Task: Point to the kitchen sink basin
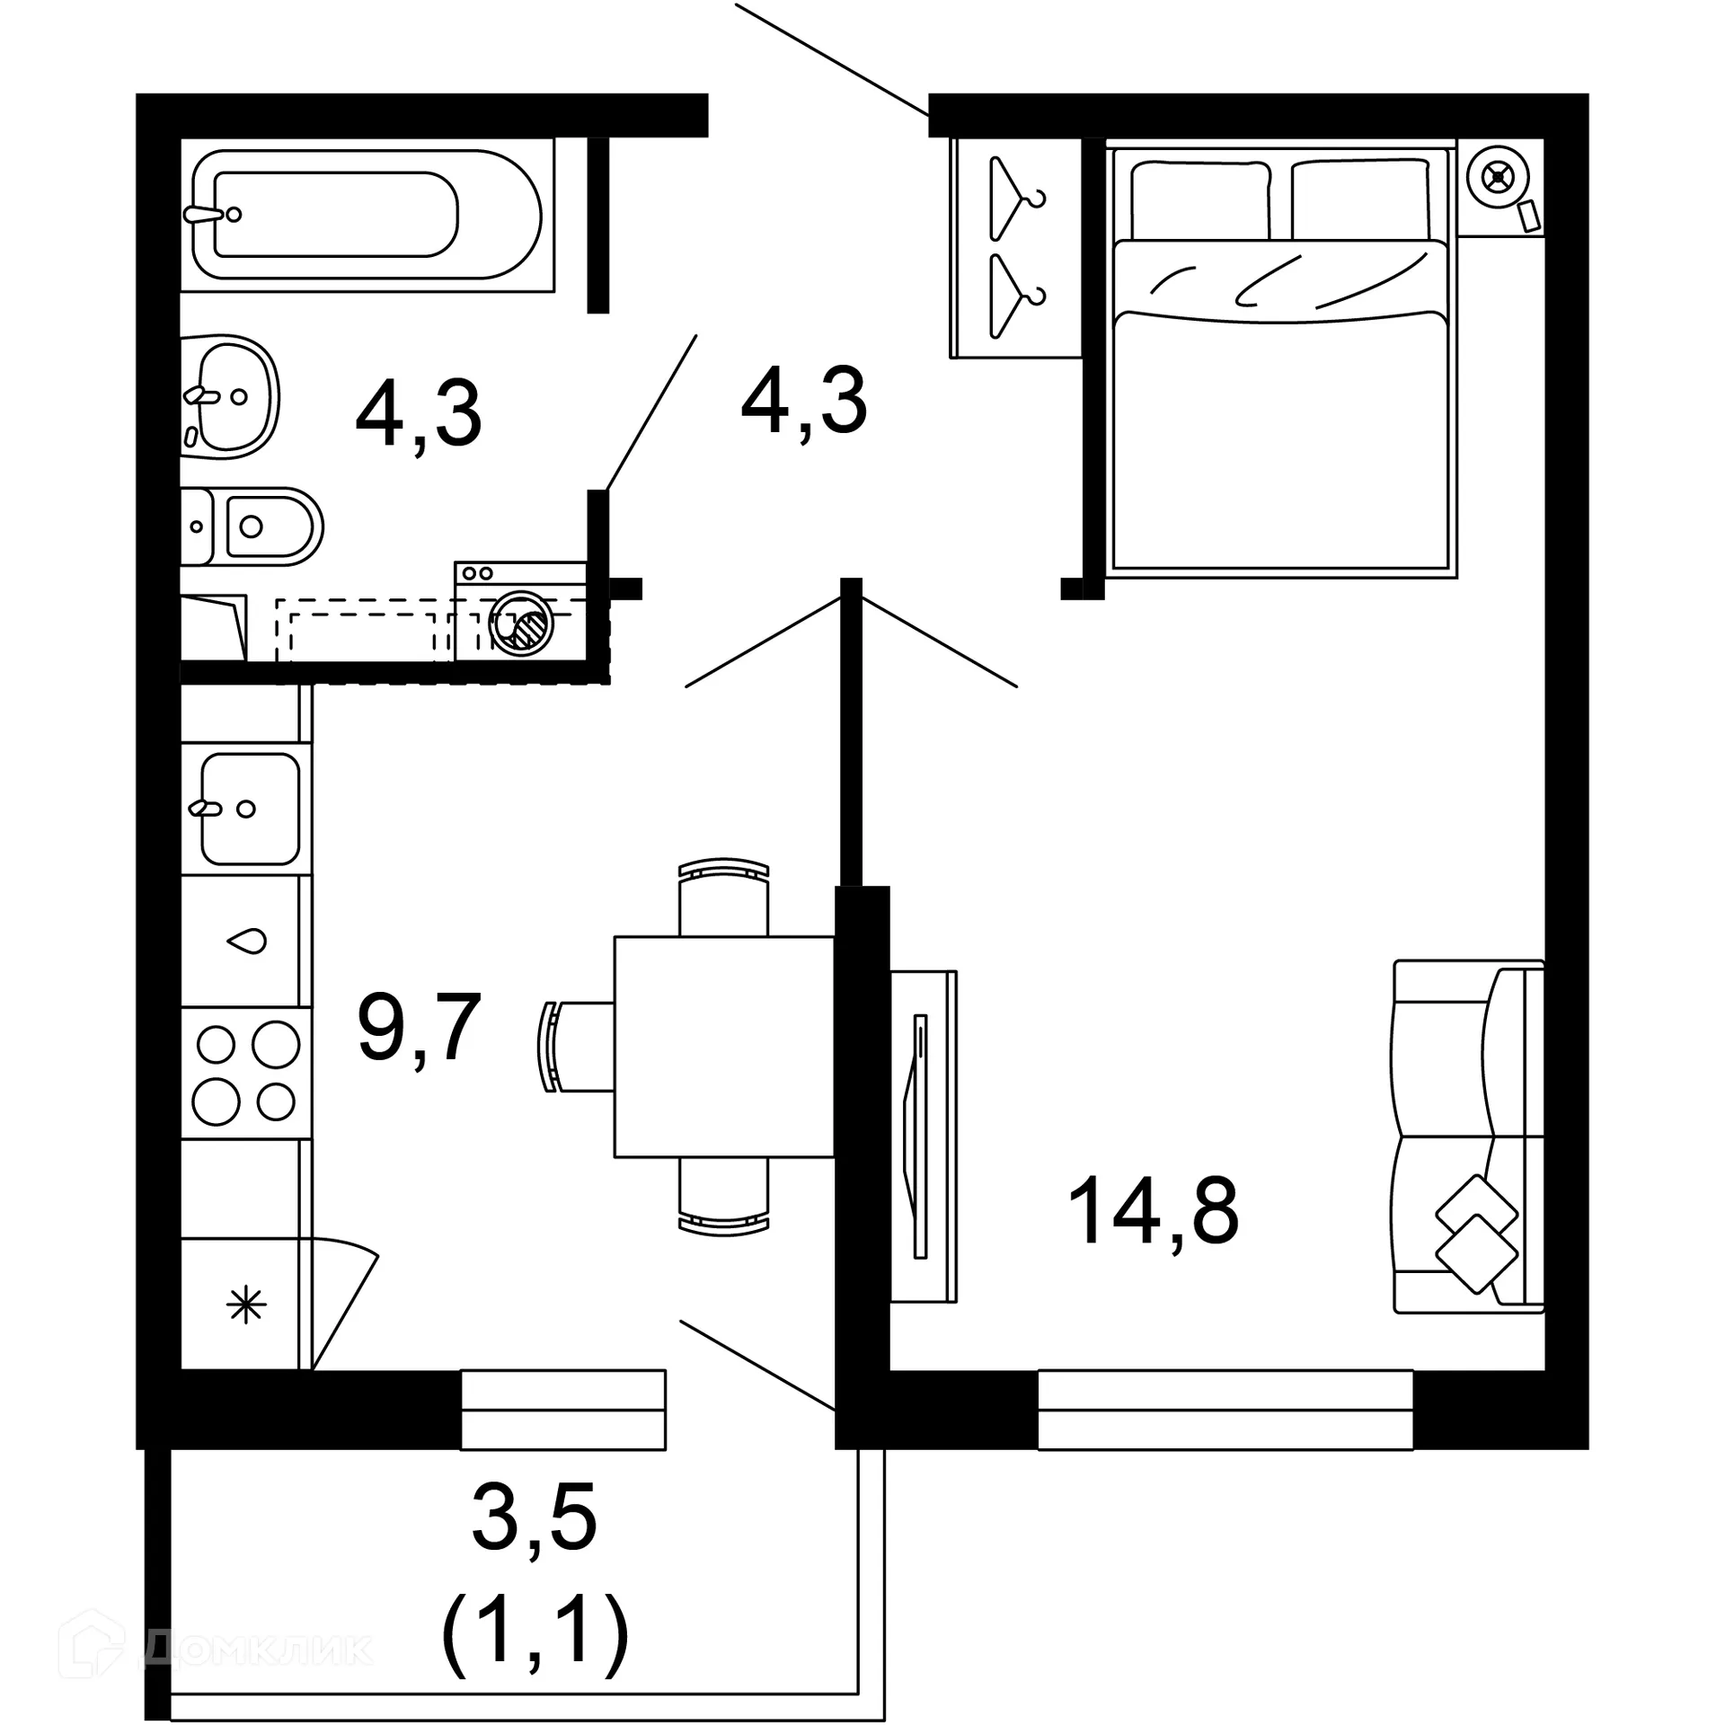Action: [249, 809]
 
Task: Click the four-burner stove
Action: [246, 1073]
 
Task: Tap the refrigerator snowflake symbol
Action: [246, 1305]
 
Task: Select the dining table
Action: [724, 1047]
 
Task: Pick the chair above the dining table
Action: [724, 898]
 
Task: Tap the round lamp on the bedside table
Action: [1497, 177]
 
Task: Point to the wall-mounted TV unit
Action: [922, 1136]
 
